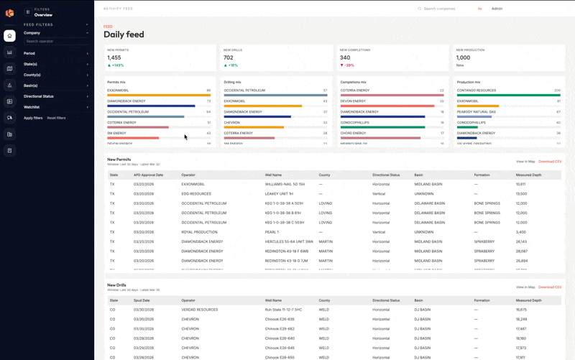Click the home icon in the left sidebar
(x=9, y=36)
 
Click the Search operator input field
(x=56, y=42)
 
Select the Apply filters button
(x=33, y=118)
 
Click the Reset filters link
(x=56, y=118)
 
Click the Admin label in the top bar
(x=497, y=9)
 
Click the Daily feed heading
(x=124, y=34)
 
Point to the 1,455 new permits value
(x=114, y=57)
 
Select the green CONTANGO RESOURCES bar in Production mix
(x=508, y=95)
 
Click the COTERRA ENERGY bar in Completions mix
(x=392, y=95)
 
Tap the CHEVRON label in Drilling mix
(x=231, y=122)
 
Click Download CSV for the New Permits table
(x=550, y=162)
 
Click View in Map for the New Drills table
(x=525, y=287)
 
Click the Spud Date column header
(x=142, y=300)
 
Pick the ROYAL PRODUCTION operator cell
(x=200, y=232)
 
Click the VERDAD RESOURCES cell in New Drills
(x=200, y=310)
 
